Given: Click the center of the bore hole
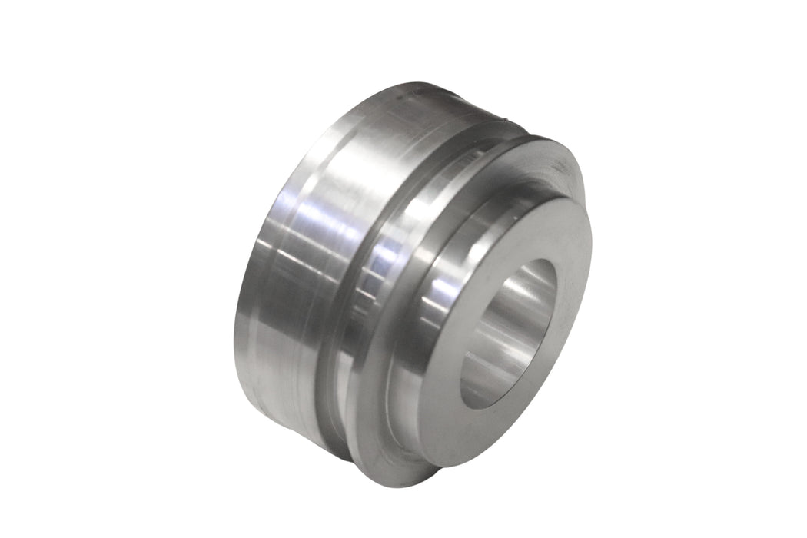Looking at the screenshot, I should click(x=507, y=334).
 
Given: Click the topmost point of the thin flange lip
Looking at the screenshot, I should click(x=538, y=138).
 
